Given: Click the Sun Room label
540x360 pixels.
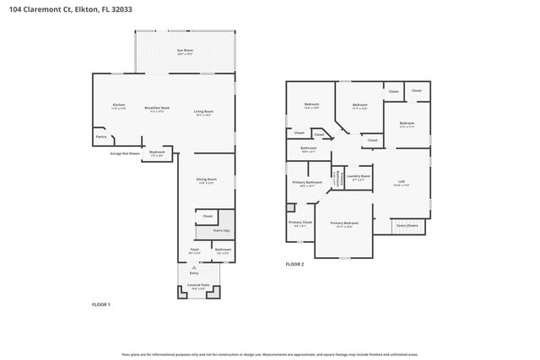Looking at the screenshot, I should tap(185, 51).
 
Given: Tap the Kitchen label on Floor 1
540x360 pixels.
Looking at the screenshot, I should tap(119, 105).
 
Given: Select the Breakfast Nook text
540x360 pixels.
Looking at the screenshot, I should tap(157, 108).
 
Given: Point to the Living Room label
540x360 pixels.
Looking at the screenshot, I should tap(203, 112).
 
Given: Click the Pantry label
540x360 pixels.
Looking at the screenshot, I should tap(100, 136).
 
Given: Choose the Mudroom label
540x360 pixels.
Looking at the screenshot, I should tap(157, 153).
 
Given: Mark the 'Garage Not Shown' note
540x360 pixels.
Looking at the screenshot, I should tap(124, 153).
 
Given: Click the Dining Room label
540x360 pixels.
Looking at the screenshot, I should tap(208, 179).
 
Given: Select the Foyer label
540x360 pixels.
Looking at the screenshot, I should tap(194, 250).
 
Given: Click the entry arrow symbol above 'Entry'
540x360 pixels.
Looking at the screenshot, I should tap(194, 267).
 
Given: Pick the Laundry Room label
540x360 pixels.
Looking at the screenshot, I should tap(359, 176).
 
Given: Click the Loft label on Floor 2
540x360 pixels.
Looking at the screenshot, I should tap(402, 181).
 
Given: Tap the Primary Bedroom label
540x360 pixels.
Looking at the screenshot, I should tap(343, 224).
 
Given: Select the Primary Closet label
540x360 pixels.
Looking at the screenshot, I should tap(301, 223).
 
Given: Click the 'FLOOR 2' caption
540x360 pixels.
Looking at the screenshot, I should tap(294, 265).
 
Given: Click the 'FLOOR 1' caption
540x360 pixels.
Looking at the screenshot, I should tap(100, 304).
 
